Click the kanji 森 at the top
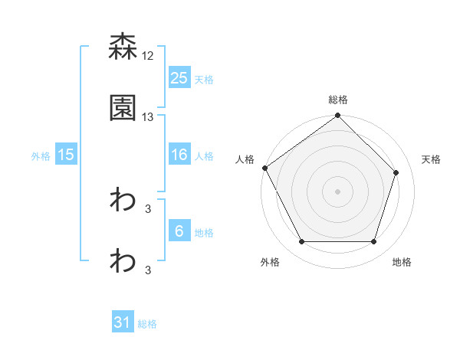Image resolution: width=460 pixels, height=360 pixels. tap(123, 47)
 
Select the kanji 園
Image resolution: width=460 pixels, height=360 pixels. tap(123, 108)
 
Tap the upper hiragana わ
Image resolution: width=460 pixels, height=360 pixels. tap(123, 201)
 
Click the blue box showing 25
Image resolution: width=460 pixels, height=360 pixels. tap(179, 78)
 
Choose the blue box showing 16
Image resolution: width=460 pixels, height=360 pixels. tap(179, 155)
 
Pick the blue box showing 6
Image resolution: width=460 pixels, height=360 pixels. tap(179, 231)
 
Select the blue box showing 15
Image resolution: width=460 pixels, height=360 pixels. tap(66, 155)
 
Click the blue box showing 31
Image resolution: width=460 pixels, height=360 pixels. tap(123, 323)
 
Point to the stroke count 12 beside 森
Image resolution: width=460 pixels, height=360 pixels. tap(149, 55)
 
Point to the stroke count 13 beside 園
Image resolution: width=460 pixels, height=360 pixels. tap(149, 116)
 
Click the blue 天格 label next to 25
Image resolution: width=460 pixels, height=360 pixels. tap(204, 79)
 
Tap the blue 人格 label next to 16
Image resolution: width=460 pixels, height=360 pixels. tap(204, 155)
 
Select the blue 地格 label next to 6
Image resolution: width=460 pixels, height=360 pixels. tap(204, 232)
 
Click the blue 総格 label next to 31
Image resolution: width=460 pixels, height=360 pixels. tap(147, 324)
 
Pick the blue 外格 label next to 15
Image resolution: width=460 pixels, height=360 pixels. tap(41, 155)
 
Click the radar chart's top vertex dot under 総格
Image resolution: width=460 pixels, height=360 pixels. tap(337, 116)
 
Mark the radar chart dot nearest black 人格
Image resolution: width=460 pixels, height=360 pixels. tap(265, 168)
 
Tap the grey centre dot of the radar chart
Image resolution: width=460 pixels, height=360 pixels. tap(337, 191)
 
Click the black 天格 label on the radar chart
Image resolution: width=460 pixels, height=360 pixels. tap(432, 159)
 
